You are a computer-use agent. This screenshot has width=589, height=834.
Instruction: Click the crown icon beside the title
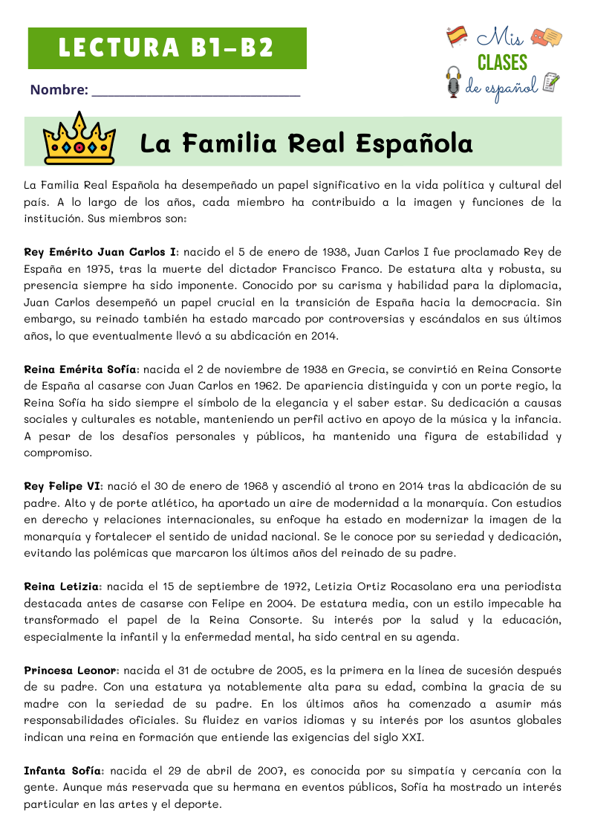click(79, 139)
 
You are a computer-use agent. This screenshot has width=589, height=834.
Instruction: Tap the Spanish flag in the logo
click(456, 36)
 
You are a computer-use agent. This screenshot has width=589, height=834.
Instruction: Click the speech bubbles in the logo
click(547, 37)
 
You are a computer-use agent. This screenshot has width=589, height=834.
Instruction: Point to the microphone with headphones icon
click(453, 81)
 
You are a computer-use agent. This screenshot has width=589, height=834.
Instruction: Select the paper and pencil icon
click(550, 83)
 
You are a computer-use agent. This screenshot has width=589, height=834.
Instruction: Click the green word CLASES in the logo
click(502, 62)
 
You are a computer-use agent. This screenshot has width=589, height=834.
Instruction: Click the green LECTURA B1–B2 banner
click(167, 48)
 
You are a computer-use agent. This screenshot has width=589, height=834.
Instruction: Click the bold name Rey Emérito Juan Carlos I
click(100, 252)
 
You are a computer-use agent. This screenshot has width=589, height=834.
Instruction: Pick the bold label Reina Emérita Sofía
click(81, 369)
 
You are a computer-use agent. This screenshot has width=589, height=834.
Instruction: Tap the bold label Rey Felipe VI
click(63, 487)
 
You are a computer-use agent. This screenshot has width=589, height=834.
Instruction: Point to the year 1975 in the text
click(97, 268)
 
